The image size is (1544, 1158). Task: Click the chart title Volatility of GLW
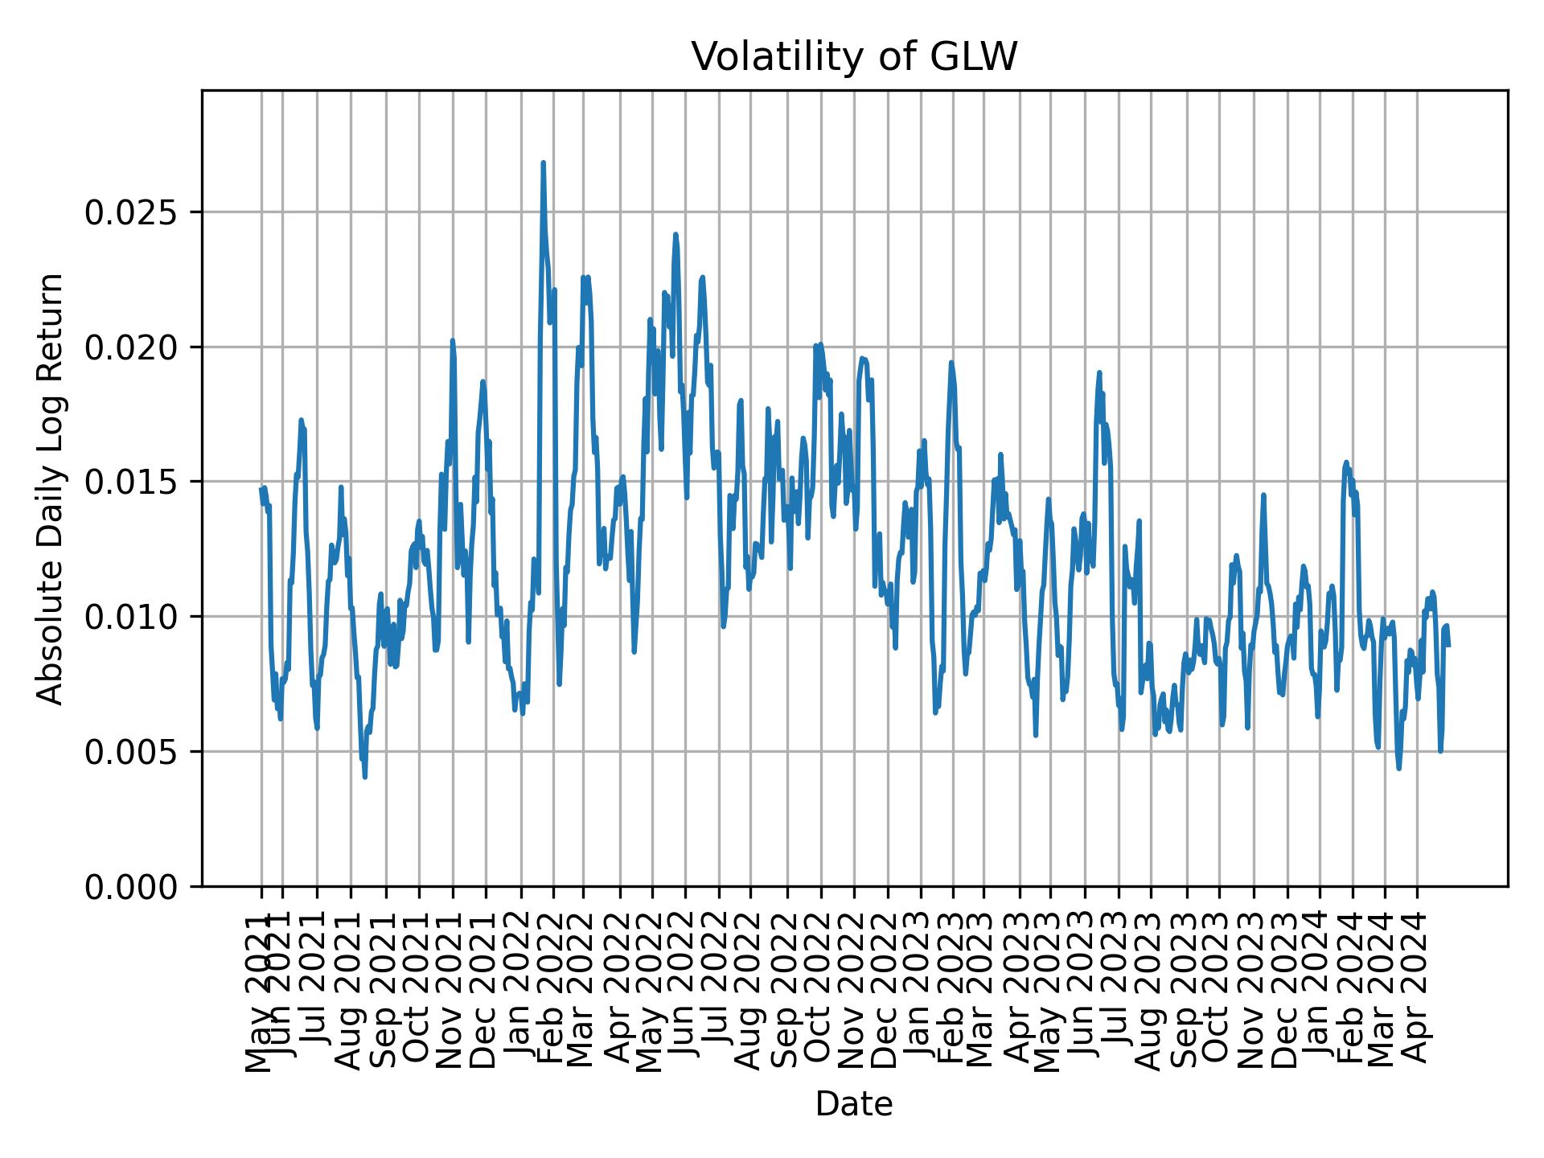[x=854, y=57]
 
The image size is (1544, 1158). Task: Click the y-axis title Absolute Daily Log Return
[x=51, y=488]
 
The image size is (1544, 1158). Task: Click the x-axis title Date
[x=854, y=1104]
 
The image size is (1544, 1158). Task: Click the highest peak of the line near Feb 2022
[x=543, y=163]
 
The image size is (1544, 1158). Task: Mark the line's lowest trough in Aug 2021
[x=365, y=777]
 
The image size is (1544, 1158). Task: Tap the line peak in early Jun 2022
[x=675, y=235]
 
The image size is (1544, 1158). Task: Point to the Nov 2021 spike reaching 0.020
[x=452, y=341]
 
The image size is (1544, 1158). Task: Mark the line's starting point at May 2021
[x=261, y=488]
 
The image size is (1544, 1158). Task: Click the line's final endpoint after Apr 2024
[x=1448, y=646]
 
